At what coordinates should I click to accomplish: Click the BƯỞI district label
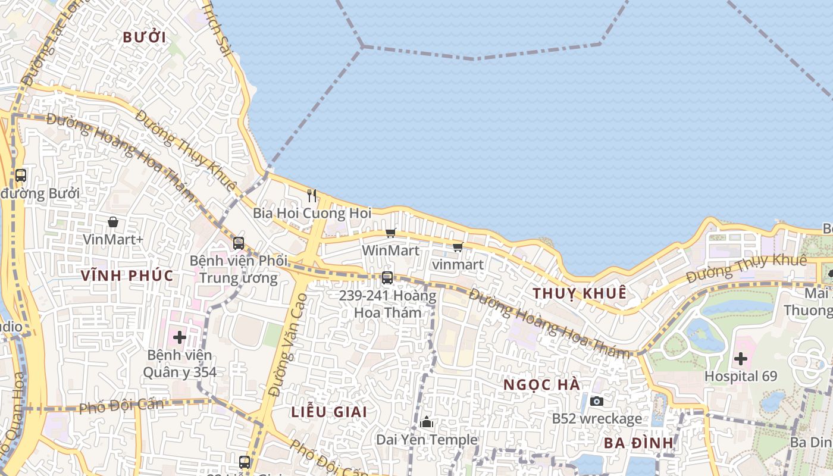pyautogui.click(x=144, y=37)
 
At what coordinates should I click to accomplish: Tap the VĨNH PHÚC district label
pyautogui.click(x=128, y=275)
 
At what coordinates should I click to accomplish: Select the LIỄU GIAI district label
pyautogui.click(x=329, y=412)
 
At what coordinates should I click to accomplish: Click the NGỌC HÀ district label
pyautogui.click(x=541, y=384)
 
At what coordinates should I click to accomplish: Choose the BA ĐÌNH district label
pyautogui.click(x=638, y=443)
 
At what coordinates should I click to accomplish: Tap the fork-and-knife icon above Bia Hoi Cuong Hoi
pyautogui.click(x=311, y=195)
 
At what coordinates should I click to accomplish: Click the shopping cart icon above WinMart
pyautogui.click(x=390, y=233)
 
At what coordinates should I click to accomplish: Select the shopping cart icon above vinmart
pyautogui.click(x=458, y=247)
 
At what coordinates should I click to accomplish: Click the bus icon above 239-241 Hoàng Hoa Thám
pyautogui.click(x=387, y=277)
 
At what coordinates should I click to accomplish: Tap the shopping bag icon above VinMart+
pyautogui.click(x=113, y=222)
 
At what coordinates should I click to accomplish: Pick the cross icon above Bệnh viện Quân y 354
pyautogui.click(x=179, y=337)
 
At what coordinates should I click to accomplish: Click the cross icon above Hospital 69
pyautogui.click(x=741, y=358)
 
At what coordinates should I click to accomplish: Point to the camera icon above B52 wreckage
pyautogui.click(x=597, y=401)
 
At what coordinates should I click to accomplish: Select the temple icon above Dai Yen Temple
pyautogui.click(x=427, y=422)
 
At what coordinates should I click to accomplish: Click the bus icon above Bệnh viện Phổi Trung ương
pyautogui.click(x=239, y=243)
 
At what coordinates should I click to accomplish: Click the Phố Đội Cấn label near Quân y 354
pyautogui.click(x=121, y=406)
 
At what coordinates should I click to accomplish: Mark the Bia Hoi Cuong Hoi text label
pyautogui.click(x=312, y=213)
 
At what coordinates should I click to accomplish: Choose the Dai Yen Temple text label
pyautogui.click(x=427, y=440)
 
